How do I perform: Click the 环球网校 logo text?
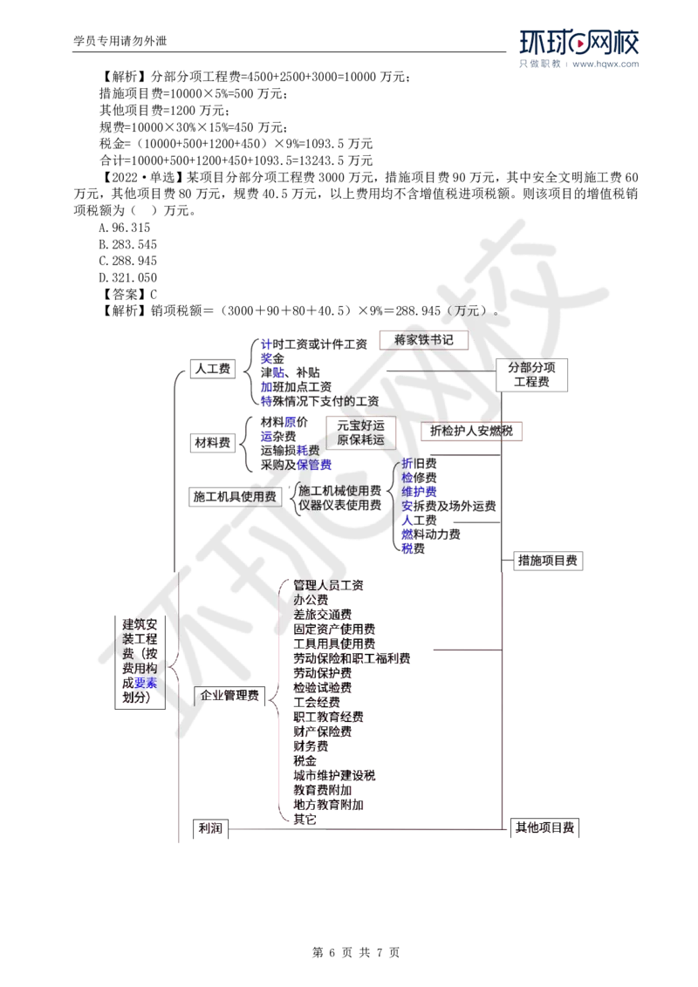579,44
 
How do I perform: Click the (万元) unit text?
469,310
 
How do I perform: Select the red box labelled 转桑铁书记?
424,340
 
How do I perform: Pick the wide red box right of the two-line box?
471,432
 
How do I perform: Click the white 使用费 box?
261,496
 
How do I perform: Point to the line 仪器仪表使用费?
336,505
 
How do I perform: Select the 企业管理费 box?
229,695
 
